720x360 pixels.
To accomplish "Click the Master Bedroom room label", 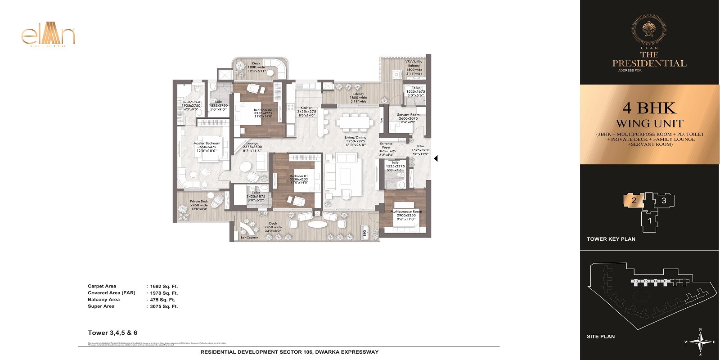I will coord(207,143).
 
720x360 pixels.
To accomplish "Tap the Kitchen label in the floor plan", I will coord(306,108).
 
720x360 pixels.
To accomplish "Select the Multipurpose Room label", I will coord(406,211).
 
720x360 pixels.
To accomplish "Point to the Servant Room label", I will coord(408,115).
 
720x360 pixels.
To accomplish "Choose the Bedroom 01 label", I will coord(299,176).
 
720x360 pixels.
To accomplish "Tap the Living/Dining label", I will coord(355,138).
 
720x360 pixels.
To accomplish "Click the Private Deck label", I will coord(198,202).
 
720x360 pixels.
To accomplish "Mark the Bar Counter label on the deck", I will coord(249,238).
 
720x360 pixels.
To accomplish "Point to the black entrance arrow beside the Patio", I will coord(436,158).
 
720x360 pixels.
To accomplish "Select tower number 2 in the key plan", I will coord(634,200).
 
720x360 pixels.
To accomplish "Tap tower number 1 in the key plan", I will coord(649,220).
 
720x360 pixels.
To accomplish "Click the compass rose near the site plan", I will coord(700,342).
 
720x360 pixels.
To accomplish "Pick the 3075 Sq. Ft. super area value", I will coord(164,306).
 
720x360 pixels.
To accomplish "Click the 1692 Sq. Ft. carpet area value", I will coord(164,286).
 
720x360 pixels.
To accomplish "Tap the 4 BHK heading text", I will coord(649,108).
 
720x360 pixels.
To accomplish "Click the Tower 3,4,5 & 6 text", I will coord(112,333).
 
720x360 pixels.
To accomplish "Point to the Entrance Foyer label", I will coord(386,146).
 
